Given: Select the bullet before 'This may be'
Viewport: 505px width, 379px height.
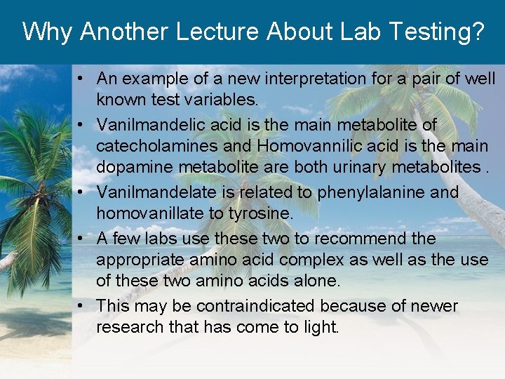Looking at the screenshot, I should click(83, 306).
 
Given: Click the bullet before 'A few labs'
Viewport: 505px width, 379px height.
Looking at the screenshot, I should click(83, 239).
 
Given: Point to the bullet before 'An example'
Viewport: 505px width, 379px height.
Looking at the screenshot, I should click(83, 79).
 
